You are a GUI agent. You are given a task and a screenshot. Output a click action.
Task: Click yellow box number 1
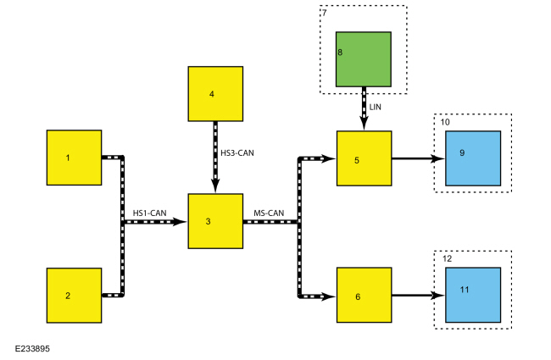coord(74,157)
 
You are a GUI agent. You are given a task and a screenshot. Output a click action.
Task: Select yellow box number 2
coord(74,295)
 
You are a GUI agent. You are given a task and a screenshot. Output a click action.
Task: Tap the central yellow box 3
coord(215,222)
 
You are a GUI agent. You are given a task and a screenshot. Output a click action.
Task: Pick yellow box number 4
coord(215,93)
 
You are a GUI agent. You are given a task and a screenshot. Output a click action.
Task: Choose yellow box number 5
coord(364,158)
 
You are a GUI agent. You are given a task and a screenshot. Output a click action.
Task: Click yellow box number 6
coord(364,296)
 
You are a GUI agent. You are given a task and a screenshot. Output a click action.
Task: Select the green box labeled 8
coord(363,59)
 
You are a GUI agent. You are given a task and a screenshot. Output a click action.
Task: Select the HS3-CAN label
coord(237,153)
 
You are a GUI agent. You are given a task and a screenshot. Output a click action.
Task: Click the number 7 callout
coord(324,13)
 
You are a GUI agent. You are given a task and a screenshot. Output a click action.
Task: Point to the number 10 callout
coord(445,123)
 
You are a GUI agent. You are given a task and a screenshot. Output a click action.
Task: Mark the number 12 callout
coord(447,259)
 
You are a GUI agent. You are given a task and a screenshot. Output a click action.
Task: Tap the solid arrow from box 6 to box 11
coord(417,296)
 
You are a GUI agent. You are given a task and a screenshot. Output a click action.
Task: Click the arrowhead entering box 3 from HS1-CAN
coord(182,222)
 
